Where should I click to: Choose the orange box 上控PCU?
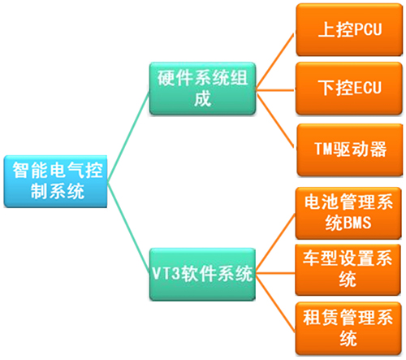click(348, 29)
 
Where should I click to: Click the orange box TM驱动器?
click(348, 149)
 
